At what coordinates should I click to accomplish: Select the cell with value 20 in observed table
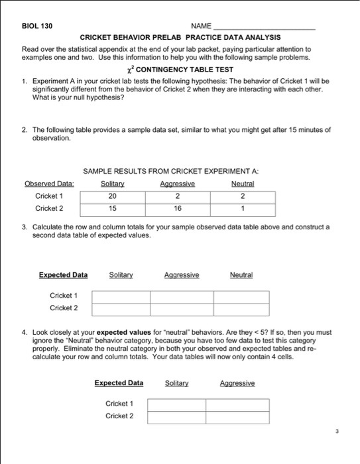point(112,196)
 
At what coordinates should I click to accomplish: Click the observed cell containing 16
point(178,209)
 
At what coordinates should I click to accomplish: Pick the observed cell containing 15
point(112,209)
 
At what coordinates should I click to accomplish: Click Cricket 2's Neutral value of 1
point(243,209)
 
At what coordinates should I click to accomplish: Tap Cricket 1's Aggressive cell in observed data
point(178,196)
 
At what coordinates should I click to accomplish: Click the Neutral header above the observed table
point(243,184)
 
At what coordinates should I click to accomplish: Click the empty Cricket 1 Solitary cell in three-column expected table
point(121,296)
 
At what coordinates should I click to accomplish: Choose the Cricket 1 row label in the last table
point(120,403)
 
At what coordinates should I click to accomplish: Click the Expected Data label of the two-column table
point(119,382)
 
